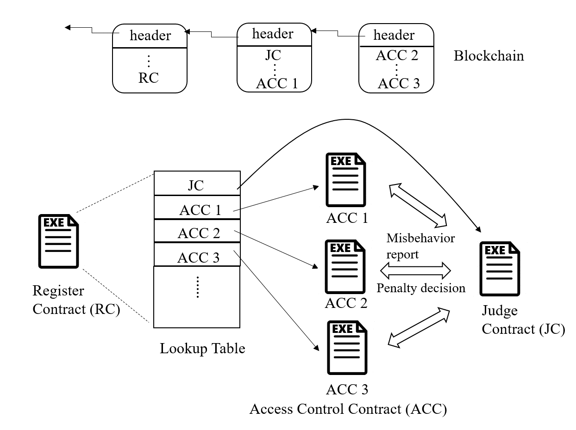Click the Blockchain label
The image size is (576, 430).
pos(488,56)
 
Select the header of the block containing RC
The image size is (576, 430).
pos(150,36)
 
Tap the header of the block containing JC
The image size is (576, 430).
pos(273,34)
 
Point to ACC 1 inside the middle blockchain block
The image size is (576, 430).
pos(277,84)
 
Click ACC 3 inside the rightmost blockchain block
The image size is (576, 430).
pos(399,83)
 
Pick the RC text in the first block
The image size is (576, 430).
pos(149,78)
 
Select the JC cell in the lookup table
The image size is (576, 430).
pos(197,183)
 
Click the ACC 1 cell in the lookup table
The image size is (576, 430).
pos(197,207)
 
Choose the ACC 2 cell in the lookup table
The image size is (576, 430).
pos(197,231)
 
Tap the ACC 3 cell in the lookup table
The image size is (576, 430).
pos(197,254)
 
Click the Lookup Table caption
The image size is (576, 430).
pos(202,349)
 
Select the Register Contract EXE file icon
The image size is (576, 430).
pos(58,241)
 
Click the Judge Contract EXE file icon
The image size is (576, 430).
pos(500,269)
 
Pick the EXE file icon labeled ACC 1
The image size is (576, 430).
pos(345,180)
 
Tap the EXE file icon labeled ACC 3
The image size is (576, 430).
pos(347,347)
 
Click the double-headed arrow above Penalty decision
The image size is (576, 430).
pos(415,270)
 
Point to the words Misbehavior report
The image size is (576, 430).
pos(420,246)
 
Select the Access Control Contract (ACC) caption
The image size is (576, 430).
pos(348,409)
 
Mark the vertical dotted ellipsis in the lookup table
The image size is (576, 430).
pos(198,287)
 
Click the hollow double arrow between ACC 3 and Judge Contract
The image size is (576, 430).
pos(419,327)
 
